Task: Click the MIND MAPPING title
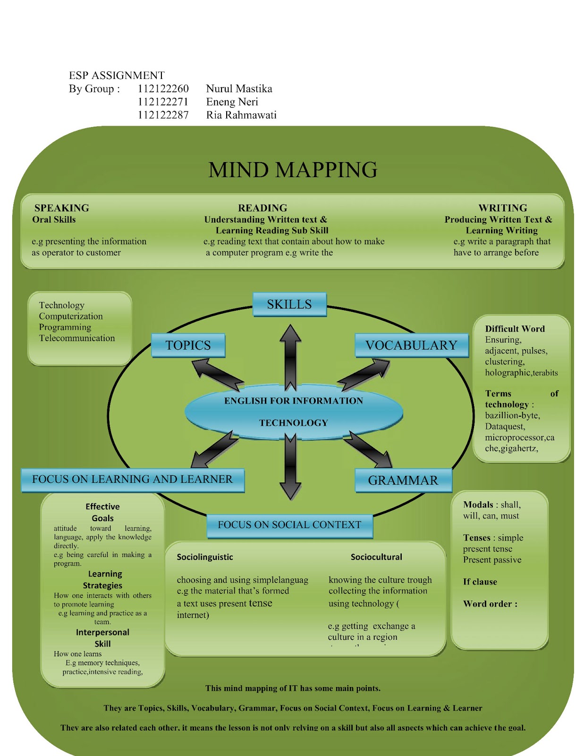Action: click(293, 170)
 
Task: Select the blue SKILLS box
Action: click(289, 304)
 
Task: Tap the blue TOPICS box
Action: click(188, 345)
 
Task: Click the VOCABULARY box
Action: click(411, 345)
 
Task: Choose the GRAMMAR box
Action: click(403, 481)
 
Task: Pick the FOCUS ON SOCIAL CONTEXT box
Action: click(289, 525)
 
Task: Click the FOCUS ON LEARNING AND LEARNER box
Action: click(132, 480)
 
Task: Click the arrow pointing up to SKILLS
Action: click(290, 354)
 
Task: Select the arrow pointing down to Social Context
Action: click(290, 468)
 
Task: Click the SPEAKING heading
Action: click(61, 208)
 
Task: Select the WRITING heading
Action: click(502, 208)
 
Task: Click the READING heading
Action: click(262, 208)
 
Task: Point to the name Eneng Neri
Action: click(232, 102)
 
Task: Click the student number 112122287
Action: click(163, 115)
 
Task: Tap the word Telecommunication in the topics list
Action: click(77, 338)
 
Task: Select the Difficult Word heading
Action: click(515, 329)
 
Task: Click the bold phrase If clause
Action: click(480, 582)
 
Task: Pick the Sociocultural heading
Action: click(376, 557)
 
